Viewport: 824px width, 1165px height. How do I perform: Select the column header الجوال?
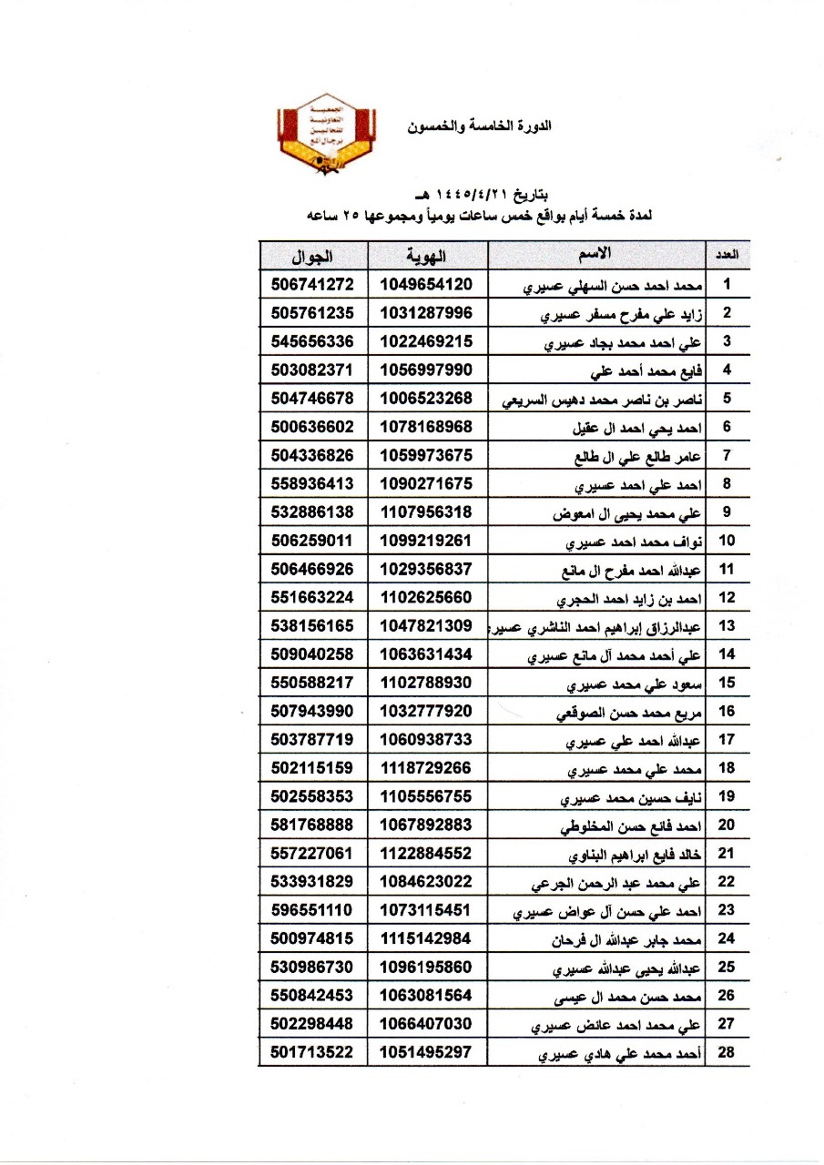(x=311, y=254)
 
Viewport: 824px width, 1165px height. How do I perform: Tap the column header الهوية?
(x=427, y=254)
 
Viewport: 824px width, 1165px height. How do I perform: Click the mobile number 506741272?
(x=311, y=284)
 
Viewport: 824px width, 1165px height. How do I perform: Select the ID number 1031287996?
(x=427, y=313)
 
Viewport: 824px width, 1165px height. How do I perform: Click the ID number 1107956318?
(x=427, y=512)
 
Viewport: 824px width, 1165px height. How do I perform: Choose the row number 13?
(x=727, y=625)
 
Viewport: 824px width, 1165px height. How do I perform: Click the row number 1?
(x=727, y=284)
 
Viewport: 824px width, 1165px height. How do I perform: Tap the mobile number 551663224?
(x=311, y=597)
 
